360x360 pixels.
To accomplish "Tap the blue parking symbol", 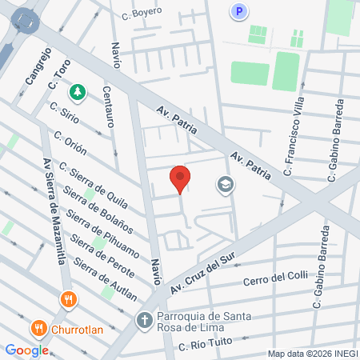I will coord(238,11).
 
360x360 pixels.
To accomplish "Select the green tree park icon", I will coord(78,93).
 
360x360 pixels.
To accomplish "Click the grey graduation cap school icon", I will coord(225,186).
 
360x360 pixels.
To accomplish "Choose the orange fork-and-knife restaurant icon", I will coord(69,301).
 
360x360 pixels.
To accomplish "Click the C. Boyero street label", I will coord(142,12).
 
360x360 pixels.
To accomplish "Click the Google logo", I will coord(27,350).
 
